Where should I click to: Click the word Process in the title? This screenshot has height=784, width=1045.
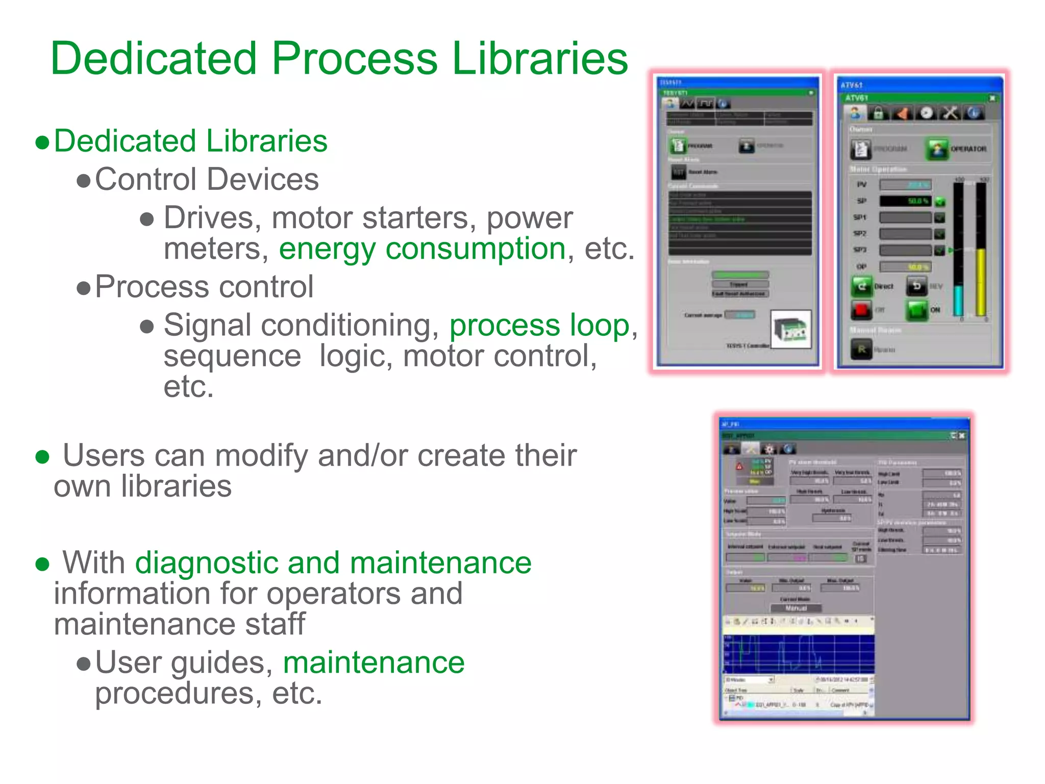click(354, 59)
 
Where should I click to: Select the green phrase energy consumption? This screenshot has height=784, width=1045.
click(422, 249)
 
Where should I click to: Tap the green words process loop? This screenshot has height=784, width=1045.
click(539, 326)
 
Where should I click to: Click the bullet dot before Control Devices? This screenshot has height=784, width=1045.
click(83, 181)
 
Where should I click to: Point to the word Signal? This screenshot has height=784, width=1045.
click(207, 326)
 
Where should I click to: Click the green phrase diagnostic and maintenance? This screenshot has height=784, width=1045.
click(333, 563)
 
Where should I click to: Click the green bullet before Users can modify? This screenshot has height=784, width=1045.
click(42, 456)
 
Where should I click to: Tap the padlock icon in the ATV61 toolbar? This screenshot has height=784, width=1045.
click(878, 113)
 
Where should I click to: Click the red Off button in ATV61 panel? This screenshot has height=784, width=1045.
click(861, 309)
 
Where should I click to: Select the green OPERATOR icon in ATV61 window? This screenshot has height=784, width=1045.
click(937, 149)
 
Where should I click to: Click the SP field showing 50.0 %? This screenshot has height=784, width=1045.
click(906, 201)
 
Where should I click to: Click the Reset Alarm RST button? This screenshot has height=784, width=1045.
click(679, 173)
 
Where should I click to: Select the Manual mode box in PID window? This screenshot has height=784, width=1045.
click(795, 608)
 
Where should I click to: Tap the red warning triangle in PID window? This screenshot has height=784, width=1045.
click(739, 467)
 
